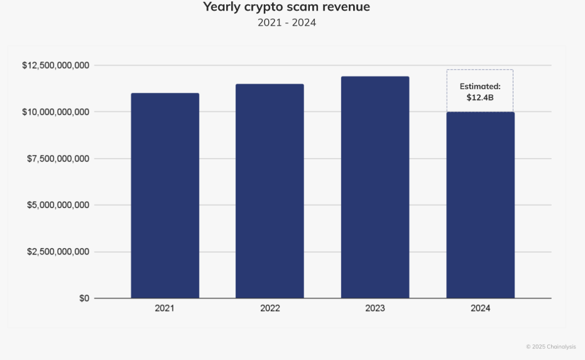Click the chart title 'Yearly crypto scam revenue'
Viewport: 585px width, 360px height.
(x=287, y=8)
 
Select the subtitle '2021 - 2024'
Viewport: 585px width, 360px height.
(x=287, y=23)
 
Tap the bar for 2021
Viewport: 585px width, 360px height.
(x=165, y=195)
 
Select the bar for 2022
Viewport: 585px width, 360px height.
(x=270, y=191)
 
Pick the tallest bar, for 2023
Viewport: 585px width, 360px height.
(x=375, y=187)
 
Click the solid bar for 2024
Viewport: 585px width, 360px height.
(x=480, y=205)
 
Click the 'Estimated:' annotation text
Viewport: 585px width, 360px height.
(x=480, y=86)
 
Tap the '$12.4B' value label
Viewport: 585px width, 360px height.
(x=480, y=97)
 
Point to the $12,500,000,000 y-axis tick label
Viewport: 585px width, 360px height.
(x=55, y=65)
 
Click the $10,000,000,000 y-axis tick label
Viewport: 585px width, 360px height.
(x=55, y=112)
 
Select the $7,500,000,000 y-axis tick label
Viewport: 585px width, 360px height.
(x=58, y=158)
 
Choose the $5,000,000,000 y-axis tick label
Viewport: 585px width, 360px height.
(x=58, y=205)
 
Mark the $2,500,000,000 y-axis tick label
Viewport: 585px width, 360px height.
(x=58, y=251)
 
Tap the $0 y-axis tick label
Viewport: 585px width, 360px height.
(x=84, y=298)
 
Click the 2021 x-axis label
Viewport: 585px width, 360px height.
(x=165, y=308)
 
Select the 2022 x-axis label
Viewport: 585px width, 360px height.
(x=270, y=308)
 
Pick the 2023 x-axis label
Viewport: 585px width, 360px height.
(x=375, y=308)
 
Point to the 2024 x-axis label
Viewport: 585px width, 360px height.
(x=480, y=308)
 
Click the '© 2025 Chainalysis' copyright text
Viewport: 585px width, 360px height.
(x=550, y=347)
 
